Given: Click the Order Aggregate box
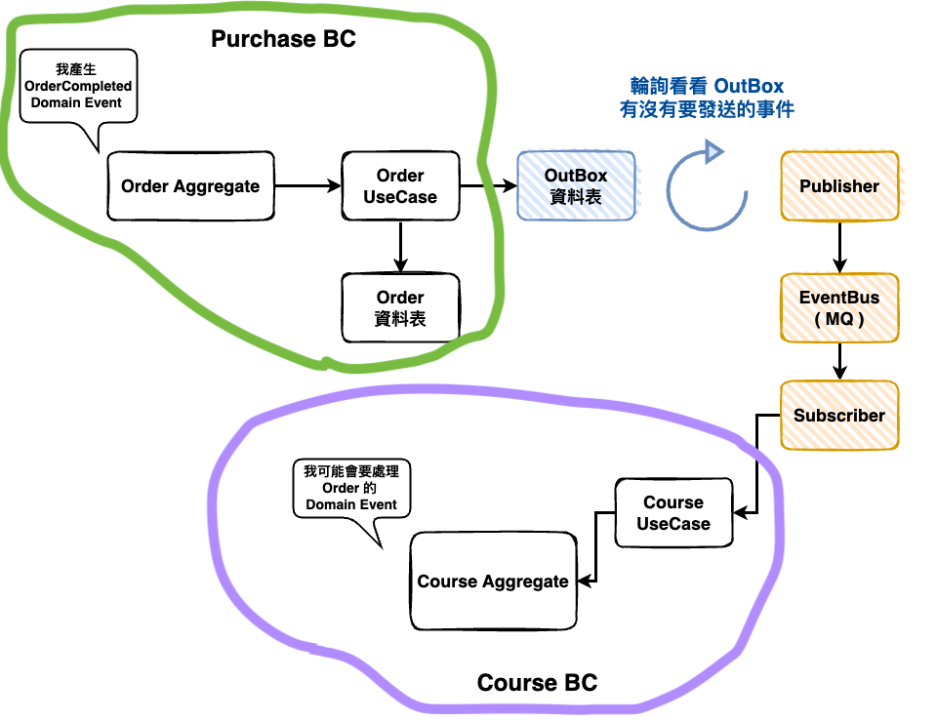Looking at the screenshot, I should click(x=190, y=185).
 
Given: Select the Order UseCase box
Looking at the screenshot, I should click(x=400, y=185).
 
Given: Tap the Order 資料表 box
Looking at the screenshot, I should click(x=400, y=307).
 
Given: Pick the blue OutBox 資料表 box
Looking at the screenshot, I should click(x=576, y=185).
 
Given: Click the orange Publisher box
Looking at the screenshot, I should click(x=839, y=185).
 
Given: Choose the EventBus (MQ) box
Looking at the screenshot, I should click(x=839, y=307).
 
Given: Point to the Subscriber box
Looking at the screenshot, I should click(x=839, y=416).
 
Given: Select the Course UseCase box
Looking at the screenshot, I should click(x=673, y=513).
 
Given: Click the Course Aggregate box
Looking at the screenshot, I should click(x=493, y=582).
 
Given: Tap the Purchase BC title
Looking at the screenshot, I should click(x=284, y=40).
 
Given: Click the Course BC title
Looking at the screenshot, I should click(x=537, y=683).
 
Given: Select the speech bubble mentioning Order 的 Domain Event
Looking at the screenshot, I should click(x=351, y=488).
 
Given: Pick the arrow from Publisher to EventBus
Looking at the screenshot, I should click(x=839, y=246).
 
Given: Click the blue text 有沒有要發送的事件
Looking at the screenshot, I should click(x=707, y=110).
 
